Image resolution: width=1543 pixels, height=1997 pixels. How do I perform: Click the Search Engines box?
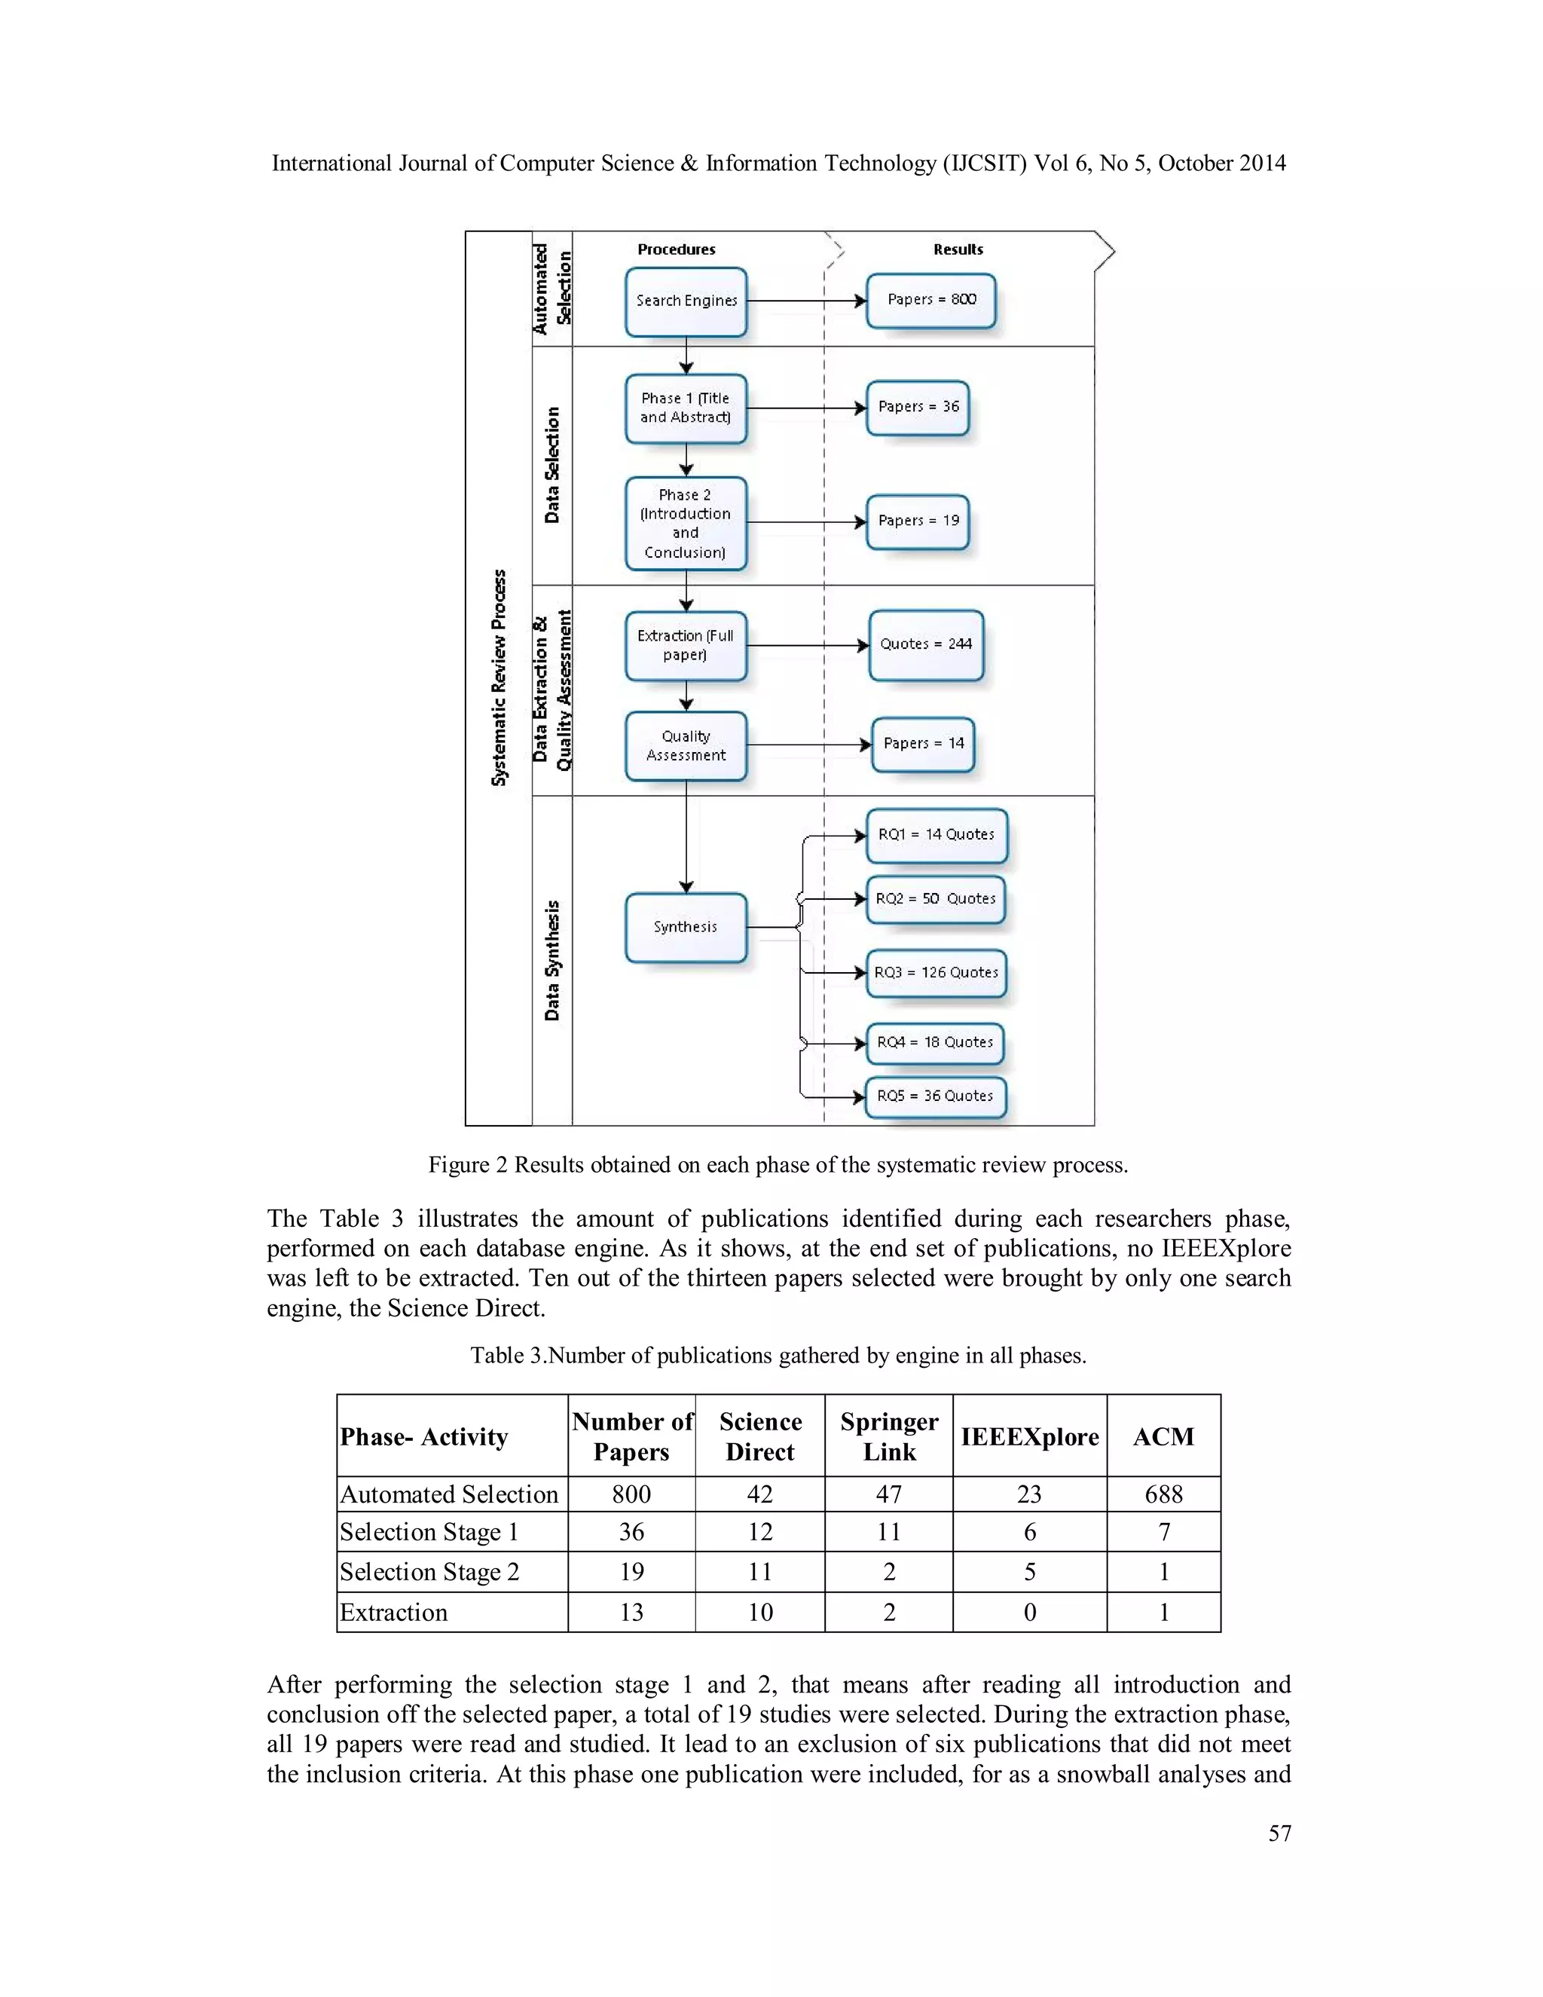click(x=686, y=301)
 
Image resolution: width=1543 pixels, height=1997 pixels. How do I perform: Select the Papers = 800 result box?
click(x=930, y=300)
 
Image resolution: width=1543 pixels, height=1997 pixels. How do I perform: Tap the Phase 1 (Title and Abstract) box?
click(x=686, y=408)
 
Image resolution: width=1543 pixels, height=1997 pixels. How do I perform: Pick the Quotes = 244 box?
click(x=926, y=644)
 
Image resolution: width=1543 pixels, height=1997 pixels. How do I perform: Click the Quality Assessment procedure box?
click(x=686, y=745)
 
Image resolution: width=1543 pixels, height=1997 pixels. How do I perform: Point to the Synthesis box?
click(x=686, y=927)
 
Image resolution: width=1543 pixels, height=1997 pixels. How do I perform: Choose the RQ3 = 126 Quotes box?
click(x=936, y=973)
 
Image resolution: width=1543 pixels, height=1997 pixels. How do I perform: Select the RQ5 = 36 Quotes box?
click(x=935, y=1096)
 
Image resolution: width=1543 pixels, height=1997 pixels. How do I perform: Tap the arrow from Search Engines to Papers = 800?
click(x=805, y=301)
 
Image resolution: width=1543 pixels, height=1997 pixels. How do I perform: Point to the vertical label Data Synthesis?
click(x=552, y=960)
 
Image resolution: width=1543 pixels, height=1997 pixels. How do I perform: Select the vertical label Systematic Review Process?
click(x=499, y=677)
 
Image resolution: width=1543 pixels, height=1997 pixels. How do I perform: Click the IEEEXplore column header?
click(x=1029, y=1436)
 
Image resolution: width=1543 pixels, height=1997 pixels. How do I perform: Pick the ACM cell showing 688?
click(x=1163, y=1494)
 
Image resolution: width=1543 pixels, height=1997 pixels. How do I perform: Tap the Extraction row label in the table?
click(x=394, y=1612)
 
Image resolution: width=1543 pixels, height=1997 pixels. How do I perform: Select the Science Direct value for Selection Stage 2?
click(x=759, y=1572)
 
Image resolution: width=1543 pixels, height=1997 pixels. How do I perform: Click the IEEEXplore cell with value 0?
click(x=1029, y=1612)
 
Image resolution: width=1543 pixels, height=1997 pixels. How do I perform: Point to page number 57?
click(x=1279, y=1833)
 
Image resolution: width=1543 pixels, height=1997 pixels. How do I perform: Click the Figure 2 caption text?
click(x=778, y=1165)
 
